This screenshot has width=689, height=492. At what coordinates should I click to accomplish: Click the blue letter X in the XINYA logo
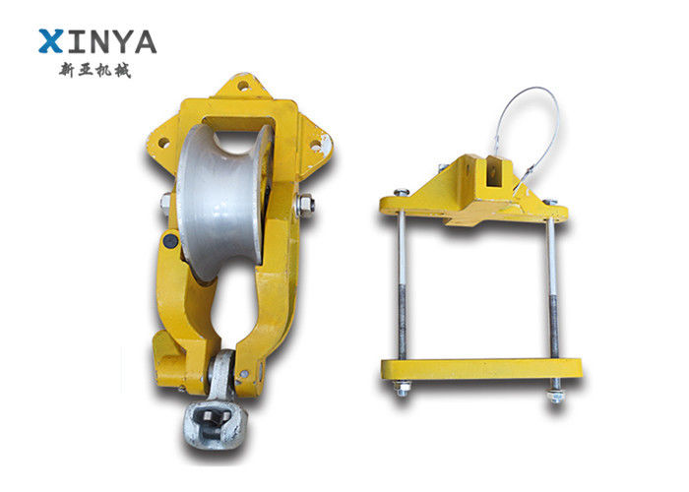[x=50, y=41]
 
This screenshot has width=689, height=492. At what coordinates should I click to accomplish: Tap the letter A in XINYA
[x=144, y=41]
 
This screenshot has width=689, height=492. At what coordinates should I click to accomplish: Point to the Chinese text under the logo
[x=94, y=70]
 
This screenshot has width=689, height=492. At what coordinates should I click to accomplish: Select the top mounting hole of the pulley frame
[x=242, y=86]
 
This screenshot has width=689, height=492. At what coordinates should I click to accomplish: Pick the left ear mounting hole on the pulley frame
[x=164, y=143]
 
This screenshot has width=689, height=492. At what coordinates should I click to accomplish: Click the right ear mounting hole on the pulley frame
[x=316, y=145]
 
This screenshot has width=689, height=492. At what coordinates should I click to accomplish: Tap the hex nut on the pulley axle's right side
[x=304, y=204]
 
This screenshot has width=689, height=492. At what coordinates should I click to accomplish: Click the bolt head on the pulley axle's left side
[x=166, y=203]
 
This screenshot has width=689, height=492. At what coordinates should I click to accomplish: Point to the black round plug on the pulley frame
[x=170, y=241]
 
